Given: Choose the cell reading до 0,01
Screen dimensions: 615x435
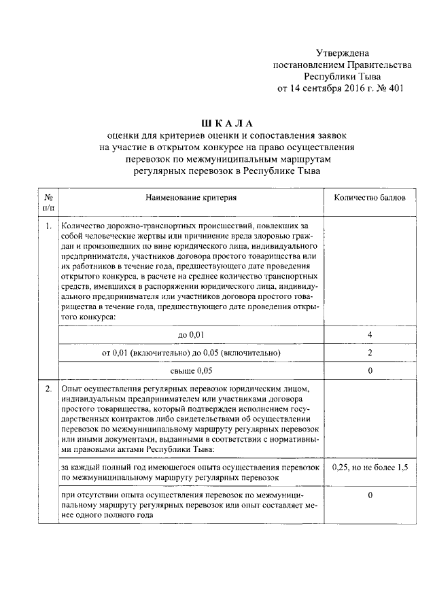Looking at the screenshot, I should pos(191,336).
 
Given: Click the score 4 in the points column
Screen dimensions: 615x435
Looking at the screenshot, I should pos(370,336).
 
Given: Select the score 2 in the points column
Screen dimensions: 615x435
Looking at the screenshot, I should pos(370,353).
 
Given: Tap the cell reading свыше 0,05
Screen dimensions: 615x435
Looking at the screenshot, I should pos(191,371).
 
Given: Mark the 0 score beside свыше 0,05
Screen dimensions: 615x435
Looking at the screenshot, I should pos(370,371).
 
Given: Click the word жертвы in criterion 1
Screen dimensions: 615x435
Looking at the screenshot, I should pos(141,235).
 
